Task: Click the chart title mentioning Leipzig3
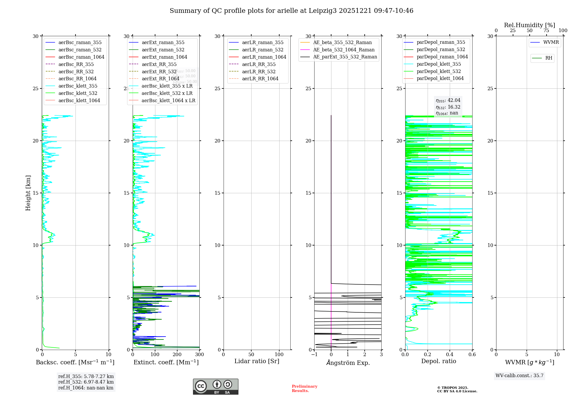(291, 11)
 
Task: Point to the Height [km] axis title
(28, 193)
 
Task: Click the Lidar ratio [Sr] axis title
(257, 361)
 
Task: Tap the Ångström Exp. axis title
(348, 363)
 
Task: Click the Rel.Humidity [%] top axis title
(529, 25)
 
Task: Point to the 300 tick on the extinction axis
(199, 355)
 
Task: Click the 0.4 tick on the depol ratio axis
(450, 355)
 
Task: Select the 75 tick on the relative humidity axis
(546, 31)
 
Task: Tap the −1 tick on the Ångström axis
(314, 355)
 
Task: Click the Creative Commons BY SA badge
(215, 387)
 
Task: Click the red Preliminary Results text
(304, 389)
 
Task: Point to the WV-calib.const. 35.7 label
(519, 376)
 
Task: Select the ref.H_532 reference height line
(86, 382)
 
